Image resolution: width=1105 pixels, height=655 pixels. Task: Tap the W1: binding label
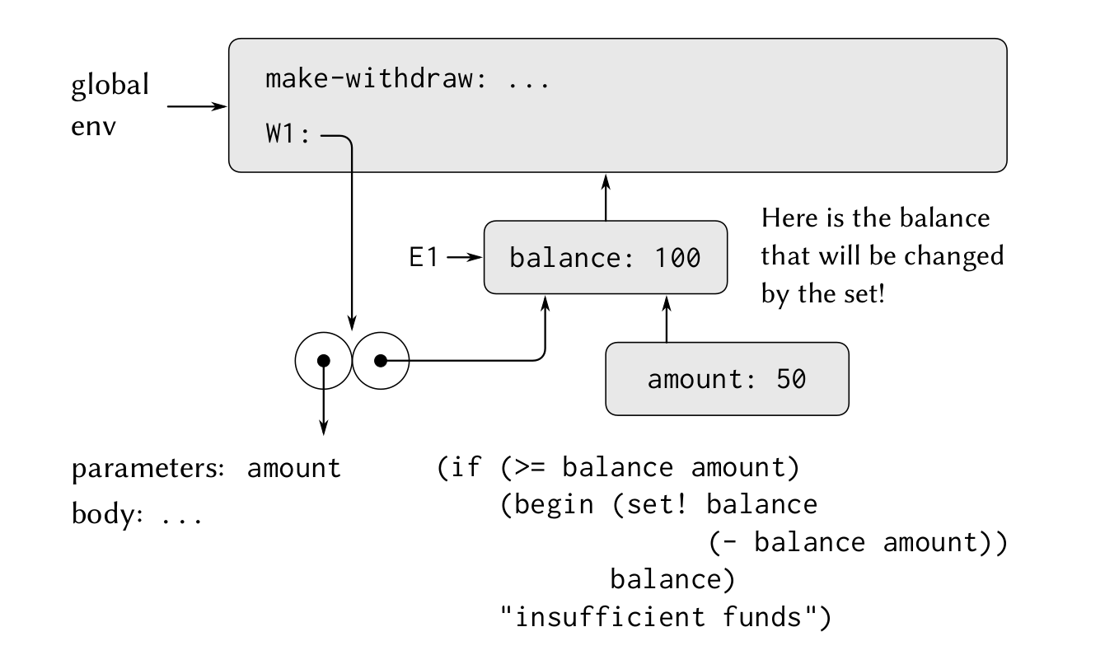pos(288,133)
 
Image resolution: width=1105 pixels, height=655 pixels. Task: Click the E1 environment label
pos(424,257)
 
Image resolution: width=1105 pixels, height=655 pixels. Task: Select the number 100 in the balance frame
pos(677,257)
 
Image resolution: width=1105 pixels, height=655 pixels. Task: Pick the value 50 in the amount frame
pos(791,379)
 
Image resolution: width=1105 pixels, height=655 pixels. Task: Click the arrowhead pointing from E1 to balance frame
pos(475,257)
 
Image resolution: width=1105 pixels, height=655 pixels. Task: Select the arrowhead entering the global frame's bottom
pos(606,181)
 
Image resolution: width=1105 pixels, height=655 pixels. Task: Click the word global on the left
pos(110,86)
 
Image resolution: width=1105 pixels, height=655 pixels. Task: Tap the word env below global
pos(93,127)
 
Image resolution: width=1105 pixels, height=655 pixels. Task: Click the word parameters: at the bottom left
pos(148,469)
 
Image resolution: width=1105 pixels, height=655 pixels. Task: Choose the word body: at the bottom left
pos(108,513)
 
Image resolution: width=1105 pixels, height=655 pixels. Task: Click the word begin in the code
pos(554,505)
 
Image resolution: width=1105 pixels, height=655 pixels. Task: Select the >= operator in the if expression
pos(530,467)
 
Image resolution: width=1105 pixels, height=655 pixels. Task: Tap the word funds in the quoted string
pos(762,616)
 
